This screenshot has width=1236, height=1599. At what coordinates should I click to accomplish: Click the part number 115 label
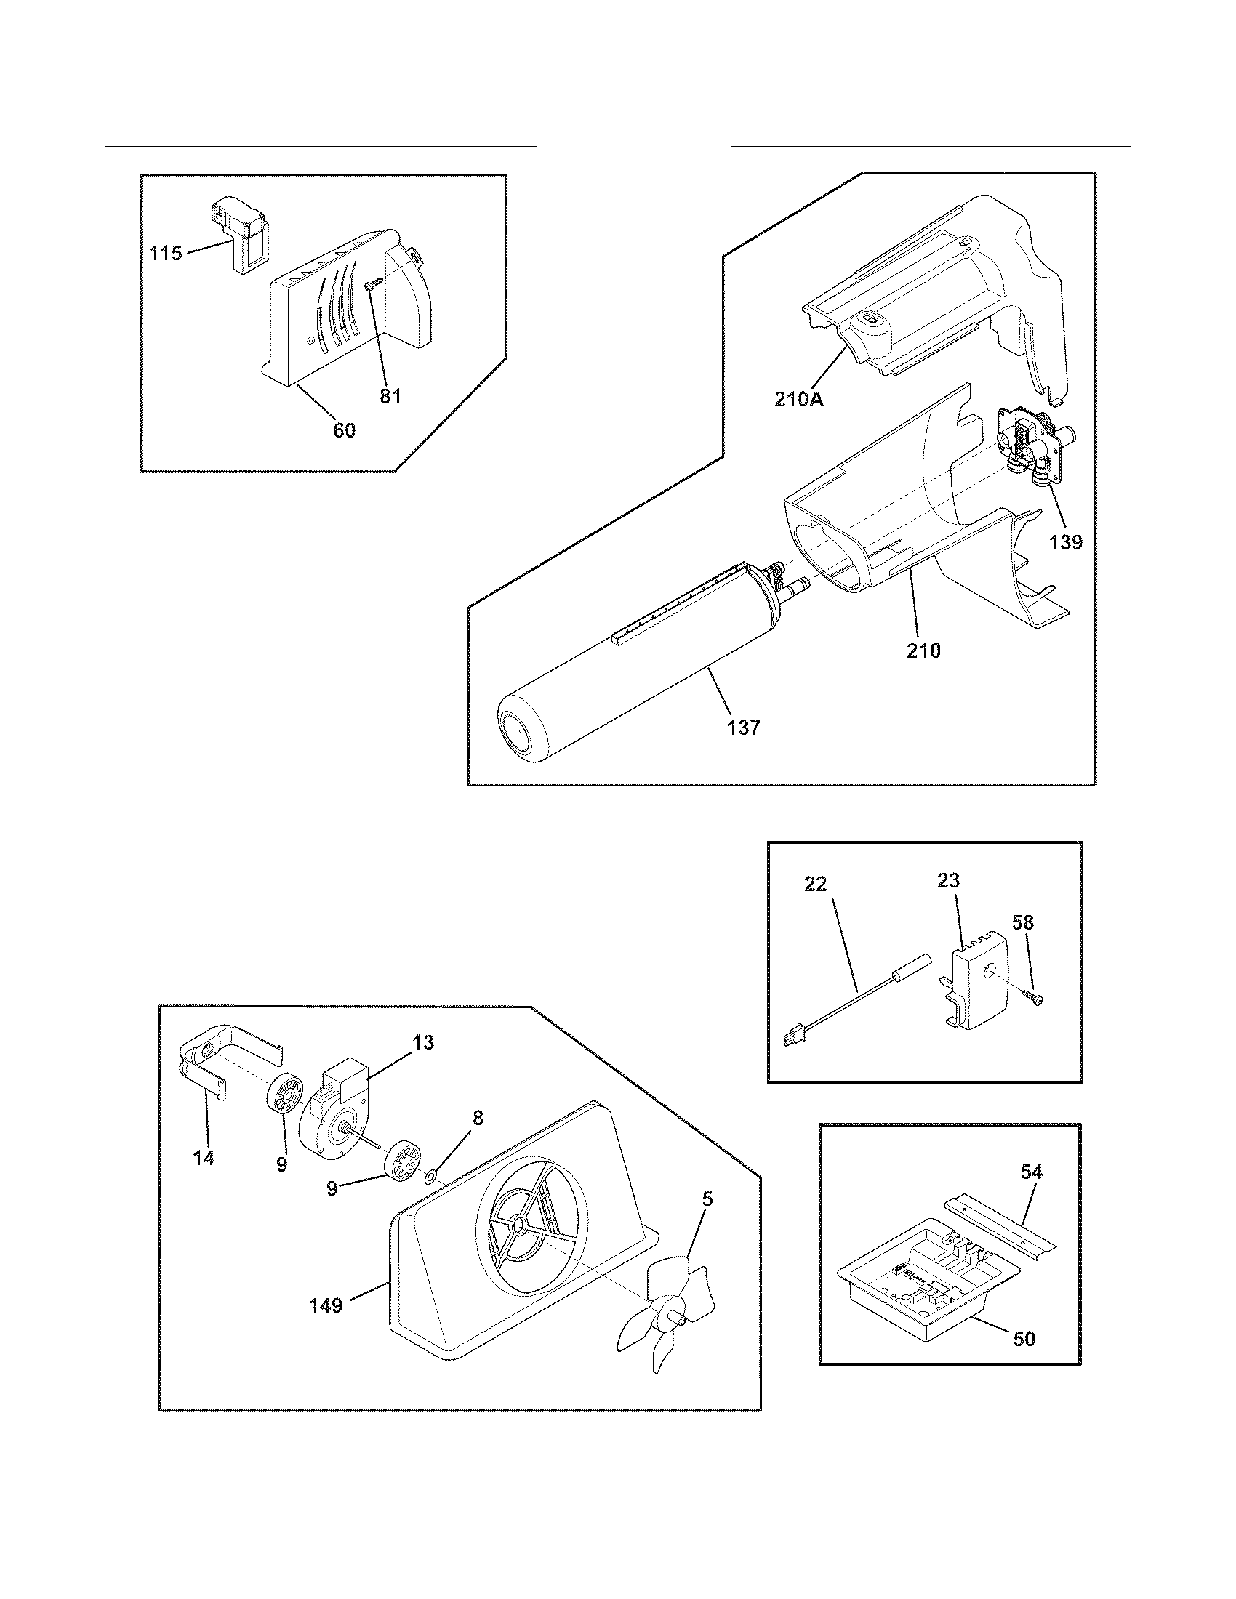pyautogui.click(x=165, y=254)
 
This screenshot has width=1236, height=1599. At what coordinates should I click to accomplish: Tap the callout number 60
pyautogui.click(x=344, y=430)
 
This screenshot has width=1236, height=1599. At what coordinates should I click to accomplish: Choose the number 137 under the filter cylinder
pyautogui.click(x=743, y=728)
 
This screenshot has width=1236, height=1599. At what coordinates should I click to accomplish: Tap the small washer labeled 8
pyautogui.click(x=431, y=1177)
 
